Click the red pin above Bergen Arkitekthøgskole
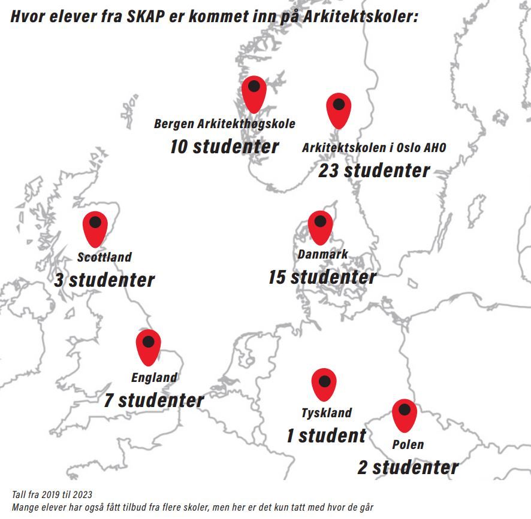(254, 93)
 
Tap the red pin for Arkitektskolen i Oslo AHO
(339, 110)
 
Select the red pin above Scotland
(95, 228)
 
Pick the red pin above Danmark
(320, 226)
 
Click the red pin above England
(148, 347)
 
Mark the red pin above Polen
(405, 415)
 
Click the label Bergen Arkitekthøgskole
(224, 125)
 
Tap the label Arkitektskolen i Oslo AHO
(374, 148)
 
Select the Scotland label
(104, 257)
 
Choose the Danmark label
(322, 254)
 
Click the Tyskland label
(326, 413)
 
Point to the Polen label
(408, 445)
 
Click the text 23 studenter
(374, 171)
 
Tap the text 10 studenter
(224, 147)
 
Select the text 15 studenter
(322, 277)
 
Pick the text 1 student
(325, 436)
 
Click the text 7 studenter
(154, 400)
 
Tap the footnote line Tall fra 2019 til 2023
(52, 494)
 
